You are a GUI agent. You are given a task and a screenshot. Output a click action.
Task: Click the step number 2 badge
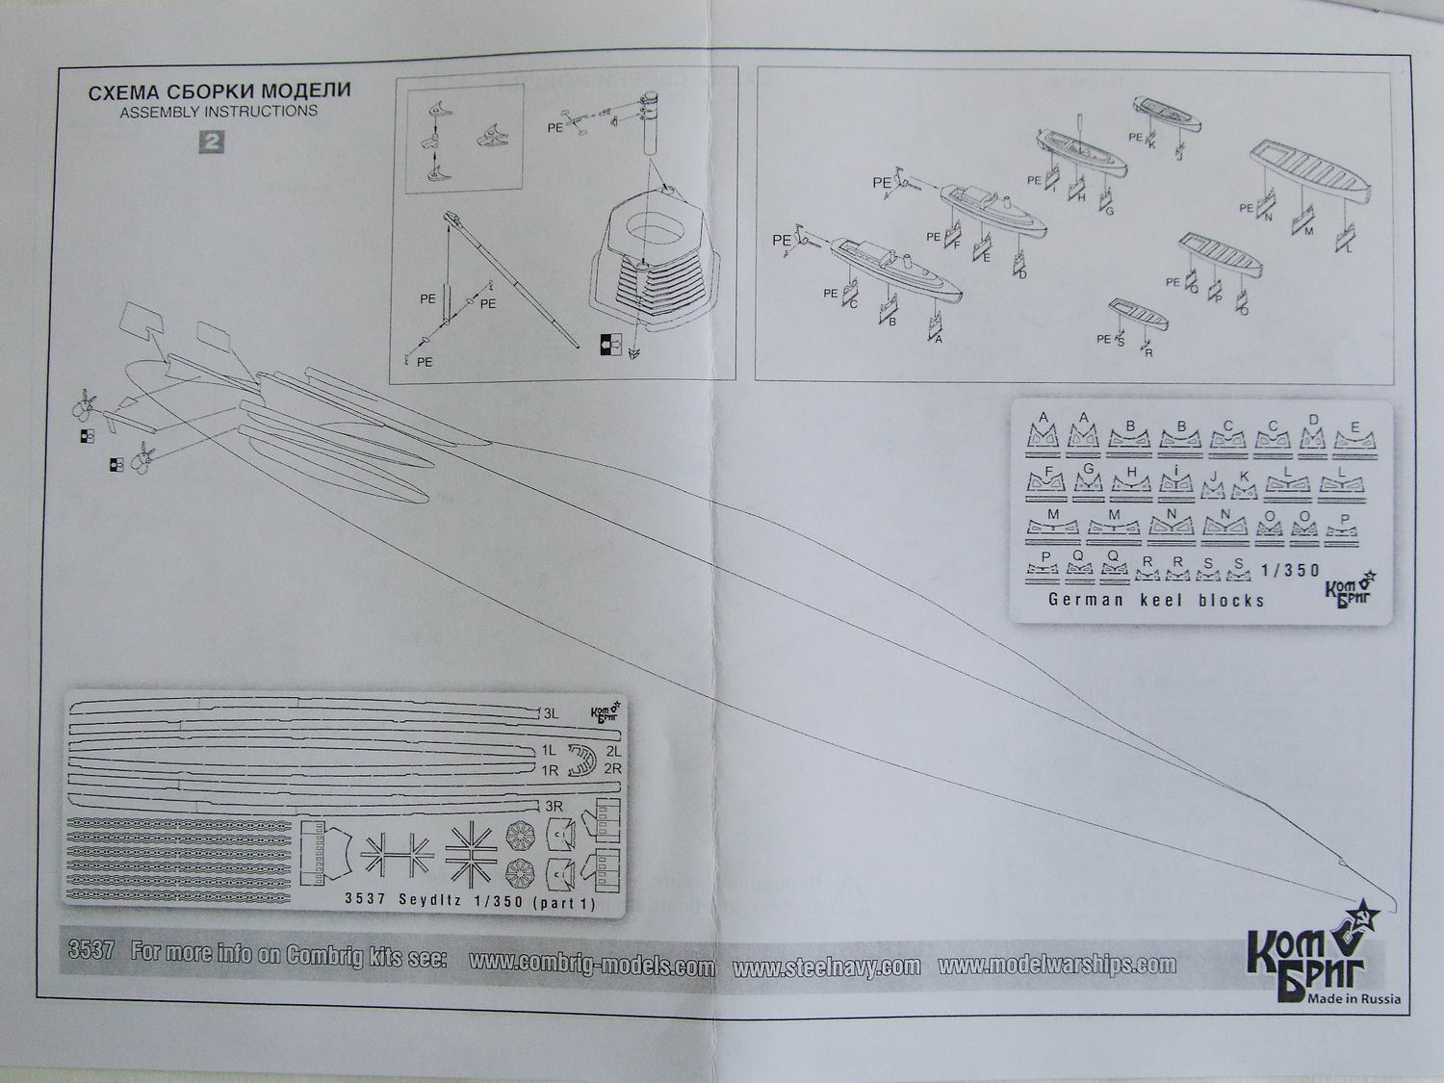pos(211,142)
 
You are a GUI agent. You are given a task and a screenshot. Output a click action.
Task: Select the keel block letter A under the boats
pos(938,339)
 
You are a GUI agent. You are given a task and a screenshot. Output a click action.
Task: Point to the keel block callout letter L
pos(1349,249)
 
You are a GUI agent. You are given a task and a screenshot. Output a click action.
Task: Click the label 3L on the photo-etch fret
pos(551,714)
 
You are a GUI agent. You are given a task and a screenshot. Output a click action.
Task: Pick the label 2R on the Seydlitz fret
pos(612,769)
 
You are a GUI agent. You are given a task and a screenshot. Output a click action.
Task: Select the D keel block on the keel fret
pos(1313,436)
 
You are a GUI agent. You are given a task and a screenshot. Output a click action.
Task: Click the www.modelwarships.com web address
pos(1056,965)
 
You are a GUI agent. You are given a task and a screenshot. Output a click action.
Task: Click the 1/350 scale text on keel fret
pos(1290,570)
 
